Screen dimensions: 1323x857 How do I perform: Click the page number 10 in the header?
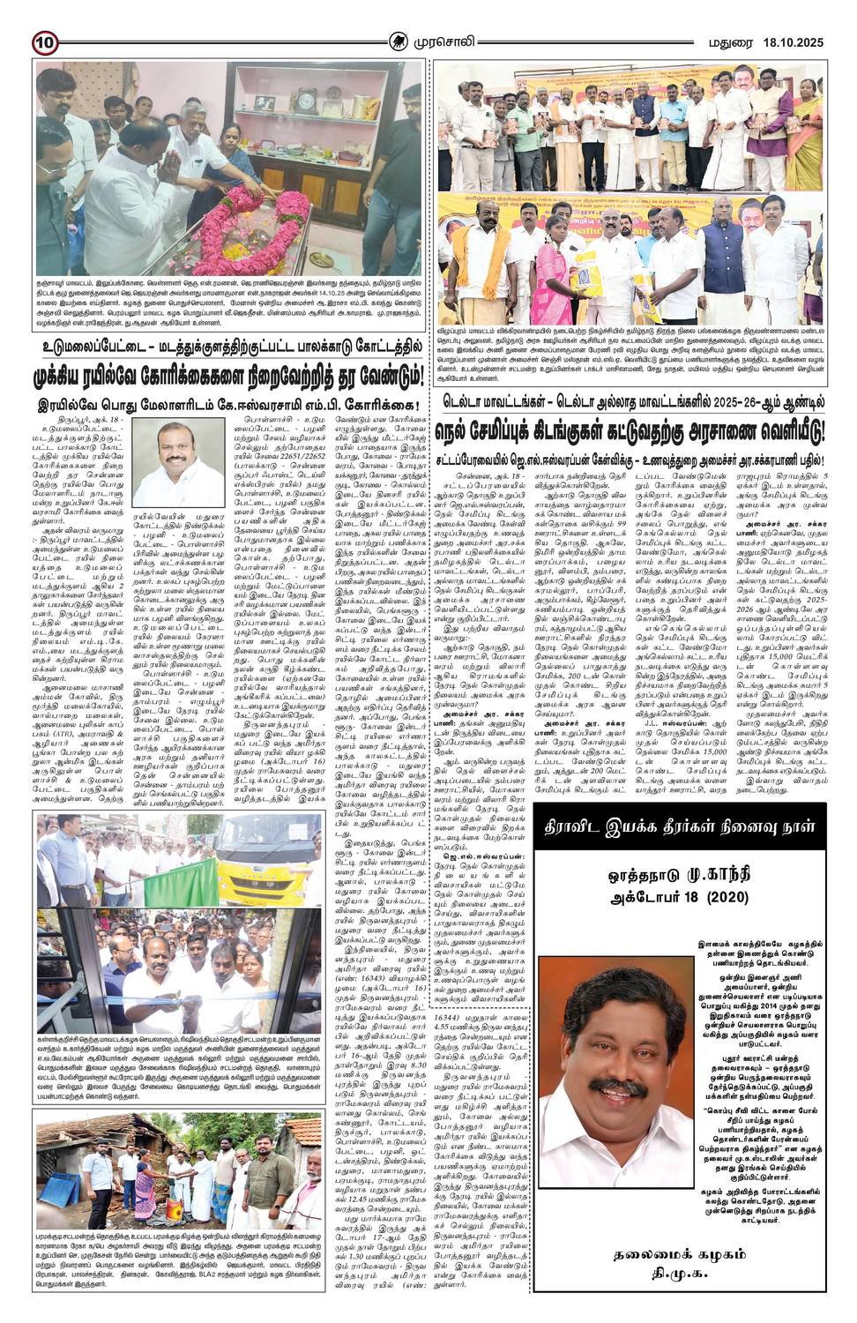tap(46, 41)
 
